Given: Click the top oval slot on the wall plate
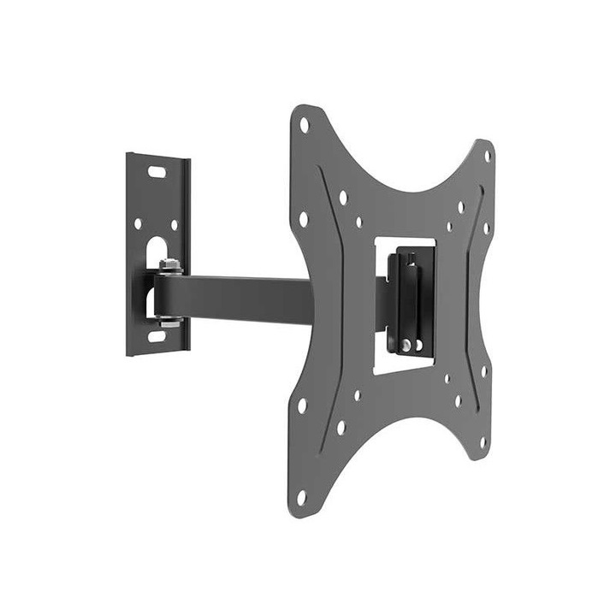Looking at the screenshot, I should (x=157, y=172).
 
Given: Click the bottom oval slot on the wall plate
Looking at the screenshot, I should (x=156, y=336).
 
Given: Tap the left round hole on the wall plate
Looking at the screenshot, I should (x=137, y=224).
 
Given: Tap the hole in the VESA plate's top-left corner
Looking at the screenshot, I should (x=304, y=125).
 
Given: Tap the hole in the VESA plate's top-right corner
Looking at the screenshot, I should (x=488, y=157).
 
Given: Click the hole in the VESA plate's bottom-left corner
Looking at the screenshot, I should (x=302, y=495).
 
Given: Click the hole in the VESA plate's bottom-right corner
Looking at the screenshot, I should (x=483, y=442).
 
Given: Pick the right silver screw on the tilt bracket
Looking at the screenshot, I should (x=418, y=345).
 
